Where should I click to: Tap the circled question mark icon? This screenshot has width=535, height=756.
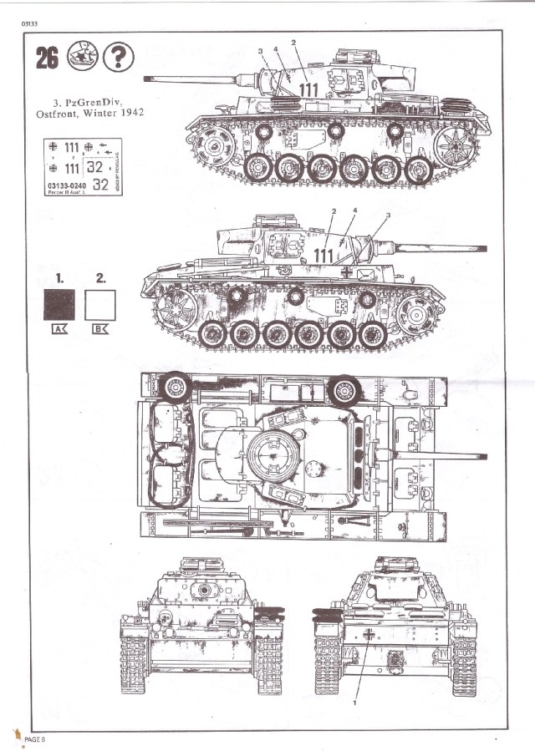(121, 57)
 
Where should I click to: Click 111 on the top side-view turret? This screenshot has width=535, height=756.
(308, 89)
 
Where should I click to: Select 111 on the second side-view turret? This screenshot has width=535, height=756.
(323, 255)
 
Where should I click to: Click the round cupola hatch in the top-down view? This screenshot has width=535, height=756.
(271, 454)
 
